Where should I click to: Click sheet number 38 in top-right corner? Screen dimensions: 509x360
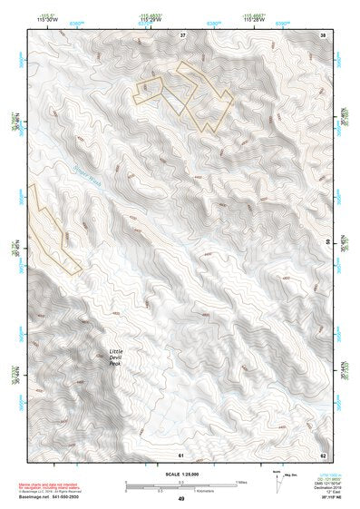(x=324, y=34)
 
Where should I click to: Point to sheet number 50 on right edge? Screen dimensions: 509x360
(x=327, y=240)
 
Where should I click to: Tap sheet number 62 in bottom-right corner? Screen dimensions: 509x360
(x=324, y=453)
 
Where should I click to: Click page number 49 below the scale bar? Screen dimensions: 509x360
(x=181, y=499)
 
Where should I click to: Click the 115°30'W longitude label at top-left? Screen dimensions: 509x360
(x=40, y=17)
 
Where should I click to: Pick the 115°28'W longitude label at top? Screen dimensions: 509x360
(x=253, y=17)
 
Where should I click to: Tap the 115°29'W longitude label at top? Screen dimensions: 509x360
(x=151, y=17)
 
